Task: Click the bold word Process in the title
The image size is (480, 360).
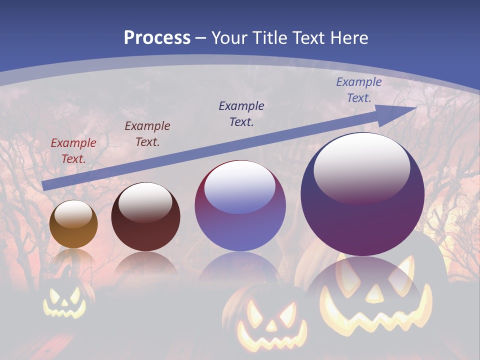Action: tap(157, 38)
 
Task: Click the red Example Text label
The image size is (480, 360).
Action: tap(73, 151)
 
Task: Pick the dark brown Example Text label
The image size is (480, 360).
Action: tap(147, 134)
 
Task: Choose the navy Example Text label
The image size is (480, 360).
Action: tap(241, 113)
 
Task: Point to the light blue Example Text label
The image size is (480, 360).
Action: tap(359, 90)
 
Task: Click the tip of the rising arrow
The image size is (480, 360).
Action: tap(415, 107)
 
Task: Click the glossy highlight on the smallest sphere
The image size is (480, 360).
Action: tap(73, 215)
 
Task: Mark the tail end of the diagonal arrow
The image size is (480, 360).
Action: tap(45, 186)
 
